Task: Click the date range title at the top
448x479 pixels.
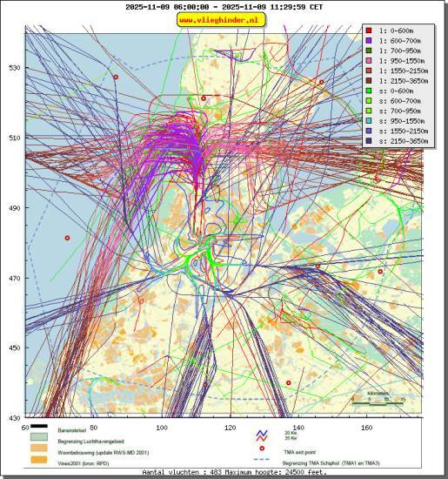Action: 224,6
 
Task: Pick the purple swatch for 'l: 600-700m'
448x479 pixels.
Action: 370,40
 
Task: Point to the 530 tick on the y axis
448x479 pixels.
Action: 15,68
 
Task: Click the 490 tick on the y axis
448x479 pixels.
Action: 15,208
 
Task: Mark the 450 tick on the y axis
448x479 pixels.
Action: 15,348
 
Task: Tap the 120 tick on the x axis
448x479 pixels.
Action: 230,428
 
